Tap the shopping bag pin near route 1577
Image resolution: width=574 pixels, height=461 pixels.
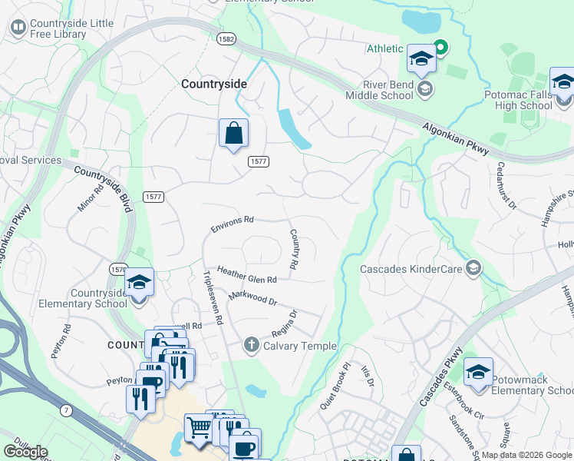[x=233, y=134]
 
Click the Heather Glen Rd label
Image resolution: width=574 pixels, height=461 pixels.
[x=246, y=275]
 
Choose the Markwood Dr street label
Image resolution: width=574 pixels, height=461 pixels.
[x=252, y=296]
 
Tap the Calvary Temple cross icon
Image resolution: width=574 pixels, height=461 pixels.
[x=251, y=345]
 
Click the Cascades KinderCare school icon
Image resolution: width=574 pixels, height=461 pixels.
[x=473, y=268]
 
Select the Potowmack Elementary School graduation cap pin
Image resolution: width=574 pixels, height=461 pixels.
[x=478, y=373]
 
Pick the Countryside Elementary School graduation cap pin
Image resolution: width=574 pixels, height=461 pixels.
[x=139, y=284]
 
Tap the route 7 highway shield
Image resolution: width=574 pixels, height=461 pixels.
[x=67, y=411]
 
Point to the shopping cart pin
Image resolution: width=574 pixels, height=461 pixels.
[x=199, y=428]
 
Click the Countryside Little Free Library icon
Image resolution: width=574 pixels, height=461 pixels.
[x=17, y=28]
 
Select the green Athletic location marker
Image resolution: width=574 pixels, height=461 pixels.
[x=440, y=48]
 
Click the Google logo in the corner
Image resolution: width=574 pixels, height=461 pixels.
[x=25, y=452]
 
